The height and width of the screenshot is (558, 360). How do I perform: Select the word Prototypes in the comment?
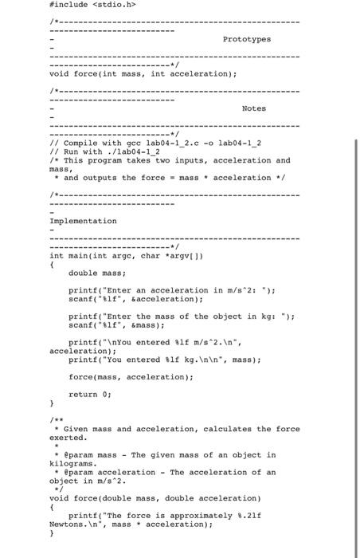[246, 38]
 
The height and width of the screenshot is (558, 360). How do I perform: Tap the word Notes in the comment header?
[255, 108]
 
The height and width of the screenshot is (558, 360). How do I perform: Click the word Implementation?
[83, 221]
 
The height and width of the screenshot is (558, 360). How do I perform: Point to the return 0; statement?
[94, 393]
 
